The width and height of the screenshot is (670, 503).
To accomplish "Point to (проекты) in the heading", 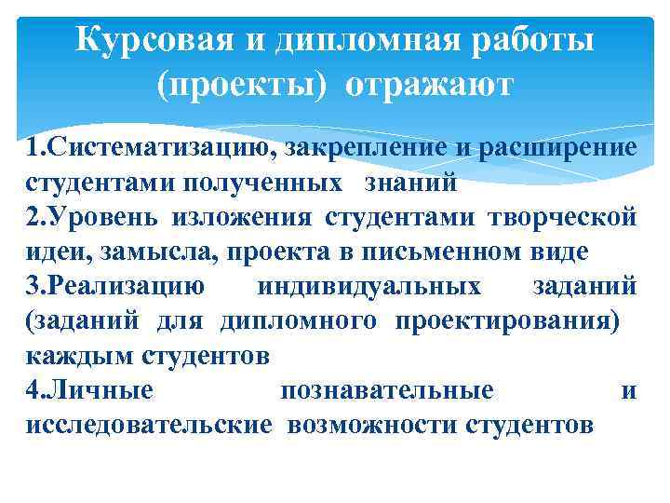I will tap(242, 86).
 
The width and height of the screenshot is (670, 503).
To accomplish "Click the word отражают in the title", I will tap(429, 86).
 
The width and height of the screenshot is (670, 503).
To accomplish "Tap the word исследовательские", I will tap(150, 426).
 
